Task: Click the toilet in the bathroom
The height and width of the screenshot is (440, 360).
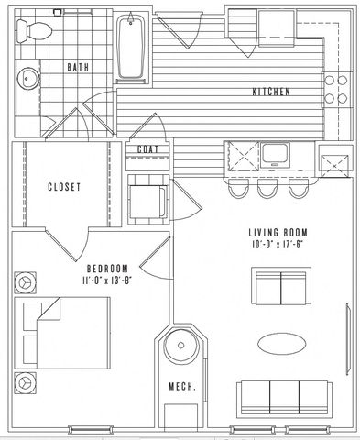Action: tap(34, 30)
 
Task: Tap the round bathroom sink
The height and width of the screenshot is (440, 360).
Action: tap(27, 79)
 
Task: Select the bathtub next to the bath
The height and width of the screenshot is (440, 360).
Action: tap(131, 48)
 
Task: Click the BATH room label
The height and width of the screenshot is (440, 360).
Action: tap(78, 67)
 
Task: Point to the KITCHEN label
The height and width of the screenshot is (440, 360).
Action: tap(271, 92)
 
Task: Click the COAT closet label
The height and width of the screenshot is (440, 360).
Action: tap(148, 149)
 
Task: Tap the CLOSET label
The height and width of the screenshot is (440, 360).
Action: tap(64, 187)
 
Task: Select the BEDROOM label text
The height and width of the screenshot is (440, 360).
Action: tap(107, 269)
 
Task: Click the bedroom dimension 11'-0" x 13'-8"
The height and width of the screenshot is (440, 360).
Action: tap(107, 280)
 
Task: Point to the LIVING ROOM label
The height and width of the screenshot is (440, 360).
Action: tap(278, 233)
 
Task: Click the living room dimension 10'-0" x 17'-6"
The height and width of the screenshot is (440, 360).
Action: tap(278, 245)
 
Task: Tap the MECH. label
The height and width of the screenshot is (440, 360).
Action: tap(182, 387)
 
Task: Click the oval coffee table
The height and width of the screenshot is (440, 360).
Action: tap(281, 344)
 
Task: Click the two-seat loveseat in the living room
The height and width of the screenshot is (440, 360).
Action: tap(281, 286)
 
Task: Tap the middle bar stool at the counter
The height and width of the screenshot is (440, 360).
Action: tap(267, 188)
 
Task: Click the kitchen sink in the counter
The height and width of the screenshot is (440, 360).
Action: tap(275, 155)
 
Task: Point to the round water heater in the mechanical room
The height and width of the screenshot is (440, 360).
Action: tap(181, 345)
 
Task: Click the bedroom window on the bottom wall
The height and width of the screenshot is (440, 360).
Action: tap(91, 430)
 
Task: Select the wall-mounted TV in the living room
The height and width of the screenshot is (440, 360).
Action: tap(347, 338)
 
